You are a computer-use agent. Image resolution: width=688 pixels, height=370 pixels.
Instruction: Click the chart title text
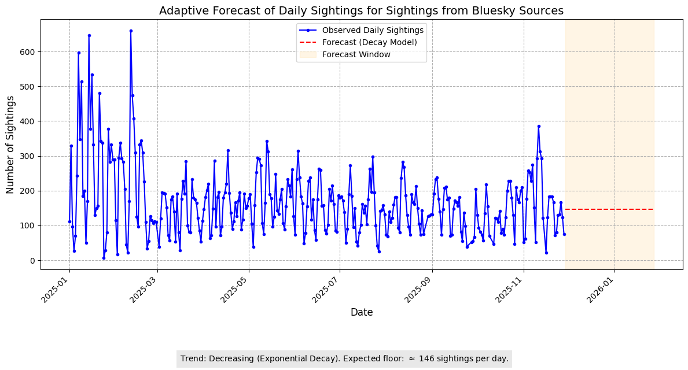coord(361,10)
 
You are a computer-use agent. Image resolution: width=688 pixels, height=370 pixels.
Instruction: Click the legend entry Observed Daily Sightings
coord(373,30)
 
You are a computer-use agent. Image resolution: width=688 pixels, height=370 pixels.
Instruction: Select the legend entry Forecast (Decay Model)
coord(369,42)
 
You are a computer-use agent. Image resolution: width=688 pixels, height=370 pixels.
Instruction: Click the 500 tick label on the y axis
coord(29,87)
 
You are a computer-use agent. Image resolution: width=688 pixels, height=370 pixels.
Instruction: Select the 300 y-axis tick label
coord(29,156)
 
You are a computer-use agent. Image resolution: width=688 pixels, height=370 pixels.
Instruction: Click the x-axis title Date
coord(361,312)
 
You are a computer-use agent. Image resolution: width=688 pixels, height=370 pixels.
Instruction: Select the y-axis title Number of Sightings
coord(10,144)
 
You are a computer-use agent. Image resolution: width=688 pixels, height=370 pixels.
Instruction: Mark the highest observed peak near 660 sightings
coord(131,31)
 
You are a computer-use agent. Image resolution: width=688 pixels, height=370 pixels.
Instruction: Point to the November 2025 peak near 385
coord(539,126)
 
